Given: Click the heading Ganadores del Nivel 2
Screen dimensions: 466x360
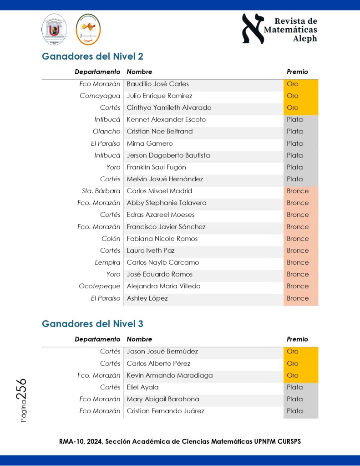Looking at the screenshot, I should pos(92,56).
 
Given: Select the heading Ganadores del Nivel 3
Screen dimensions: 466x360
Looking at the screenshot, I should pos(92,324).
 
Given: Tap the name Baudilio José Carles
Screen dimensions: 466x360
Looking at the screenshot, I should pos(157,84).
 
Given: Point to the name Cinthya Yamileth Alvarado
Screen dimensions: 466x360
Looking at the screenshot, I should pos(169,108).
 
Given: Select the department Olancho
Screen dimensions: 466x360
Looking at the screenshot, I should pos(106,131).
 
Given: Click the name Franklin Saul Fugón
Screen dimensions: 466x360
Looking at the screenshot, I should pos(156,167).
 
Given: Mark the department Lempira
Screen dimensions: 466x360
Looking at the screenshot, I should pos(107,262).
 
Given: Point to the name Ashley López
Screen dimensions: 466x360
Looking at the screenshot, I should pos(147,298).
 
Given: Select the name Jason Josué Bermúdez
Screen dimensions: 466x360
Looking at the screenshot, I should pos(162,352).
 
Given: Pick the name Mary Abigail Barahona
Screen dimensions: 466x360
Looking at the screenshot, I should pos(162,399).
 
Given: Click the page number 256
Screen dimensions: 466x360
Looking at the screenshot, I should pos(21,390).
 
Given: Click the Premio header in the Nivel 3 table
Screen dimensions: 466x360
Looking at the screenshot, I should pos(297,339).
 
